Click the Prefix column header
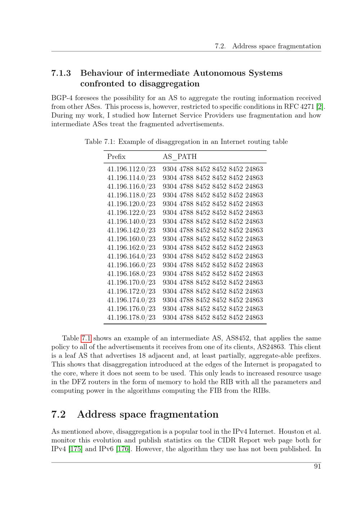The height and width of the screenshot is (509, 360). point(116,157)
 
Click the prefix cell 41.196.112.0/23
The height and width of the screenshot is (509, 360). point(131,169)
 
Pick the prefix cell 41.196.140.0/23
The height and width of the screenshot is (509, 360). point(131,221)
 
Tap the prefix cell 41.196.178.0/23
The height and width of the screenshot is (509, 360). point(131,317)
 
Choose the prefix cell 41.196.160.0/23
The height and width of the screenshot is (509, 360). point(131,239)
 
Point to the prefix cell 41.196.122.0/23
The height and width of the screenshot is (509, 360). point(131,213)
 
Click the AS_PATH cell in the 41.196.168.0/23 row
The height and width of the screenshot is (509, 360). point(213,274)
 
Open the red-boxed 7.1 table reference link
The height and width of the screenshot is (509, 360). point(86,338)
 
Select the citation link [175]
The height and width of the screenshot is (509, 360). point(76,449)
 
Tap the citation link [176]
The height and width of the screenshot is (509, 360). point(123,449)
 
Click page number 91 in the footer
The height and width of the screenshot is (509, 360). point(317,467)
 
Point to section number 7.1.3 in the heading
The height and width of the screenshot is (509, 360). point(61,73)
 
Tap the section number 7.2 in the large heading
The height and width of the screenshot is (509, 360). point(58,414)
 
